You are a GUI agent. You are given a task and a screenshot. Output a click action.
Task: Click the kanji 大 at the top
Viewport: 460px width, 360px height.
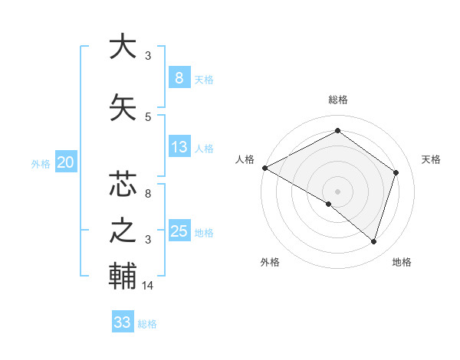(x=121, y=47)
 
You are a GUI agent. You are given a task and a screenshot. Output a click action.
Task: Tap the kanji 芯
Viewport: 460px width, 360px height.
(x=121, y=185)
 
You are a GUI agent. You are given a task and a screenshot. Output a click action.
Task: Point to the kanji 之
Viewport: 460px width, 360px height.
(x=121, y=231)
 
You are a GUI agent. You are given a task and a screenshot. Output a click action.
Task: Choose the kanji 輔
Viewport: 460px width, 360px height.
(x=121, y=276)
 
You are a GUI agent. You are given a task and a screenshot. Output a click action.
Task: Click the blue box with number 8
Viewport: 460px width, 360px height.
(x=179, y=77)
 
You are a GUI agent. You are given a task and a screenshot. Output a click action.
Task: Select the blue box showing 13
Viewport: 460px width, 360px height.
(x=179, y=146)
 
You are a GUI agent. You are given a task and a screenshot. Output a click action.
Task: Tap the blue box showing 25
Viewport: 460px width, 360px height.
(x=179, y=231)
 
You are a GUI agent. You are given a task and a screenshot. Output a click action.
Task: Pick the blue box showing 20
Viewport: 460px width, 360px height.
(x=66, y=162)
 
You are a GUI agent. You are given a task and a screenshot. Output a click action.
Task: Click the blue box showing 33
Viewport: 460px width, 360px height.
(x=123, y=322)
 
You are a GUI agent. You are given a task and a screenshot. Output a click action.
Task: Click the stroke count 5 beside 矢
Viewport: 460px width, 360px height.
(x=148, y=116)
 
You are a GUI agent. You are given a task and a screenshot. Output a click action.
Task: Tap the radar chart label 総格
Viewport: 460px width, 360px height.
(x=337, y=100)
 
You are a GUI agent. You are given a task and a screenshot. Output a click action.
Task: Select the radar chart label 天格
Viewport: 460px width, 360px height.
(x=431, y=159)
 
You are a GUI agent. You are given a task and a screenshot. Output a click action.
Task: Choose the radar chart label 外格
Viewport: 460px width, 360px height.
(x=270, y=262)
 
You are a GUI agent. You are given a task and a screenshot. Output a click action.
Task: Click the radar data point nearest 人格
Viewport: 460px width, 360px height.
(x=264, y=168)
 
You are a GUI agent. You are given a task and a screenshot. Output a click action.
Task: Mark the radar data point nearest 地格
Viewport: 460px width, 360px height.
(x=373, y=241)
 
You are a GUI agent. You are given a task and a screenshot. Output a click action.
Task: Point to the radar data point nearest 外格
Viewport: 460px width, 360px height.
(x=329, y=204)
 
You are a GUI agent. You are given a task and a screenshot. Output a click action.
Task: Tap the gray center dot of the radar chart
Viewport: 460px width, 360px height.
(x=337, y=191)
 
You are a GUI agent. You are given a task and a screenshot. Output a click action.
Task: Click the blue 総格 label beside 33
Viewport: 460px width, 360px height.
(x=147, y=324)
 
